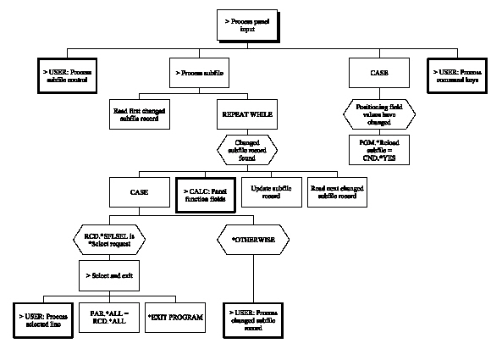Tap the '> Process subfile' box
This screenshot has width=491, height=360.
pyautogui.click(x=201, y=74)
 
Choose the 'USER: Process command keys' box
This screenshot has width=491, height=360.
pyautogui.click(x=459, y=74)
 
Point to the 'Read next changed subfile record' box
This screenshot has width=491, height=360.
pyautogui.click(x=338, y=192)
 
